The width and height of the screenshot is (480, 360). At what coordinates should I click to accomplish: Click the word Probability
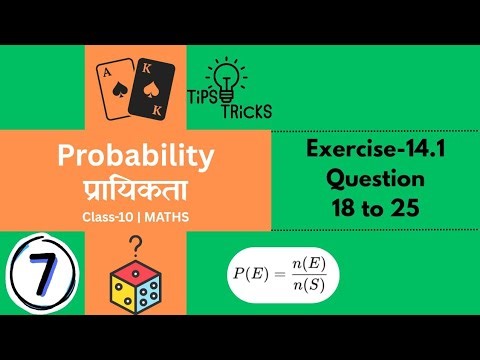pos(136,155)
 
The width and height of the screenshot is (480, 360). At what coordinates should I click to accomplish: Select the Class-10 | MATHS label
pos(136,217)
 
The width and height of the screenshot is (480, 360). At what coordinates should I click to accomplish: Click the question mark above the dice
pos(136,244)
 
